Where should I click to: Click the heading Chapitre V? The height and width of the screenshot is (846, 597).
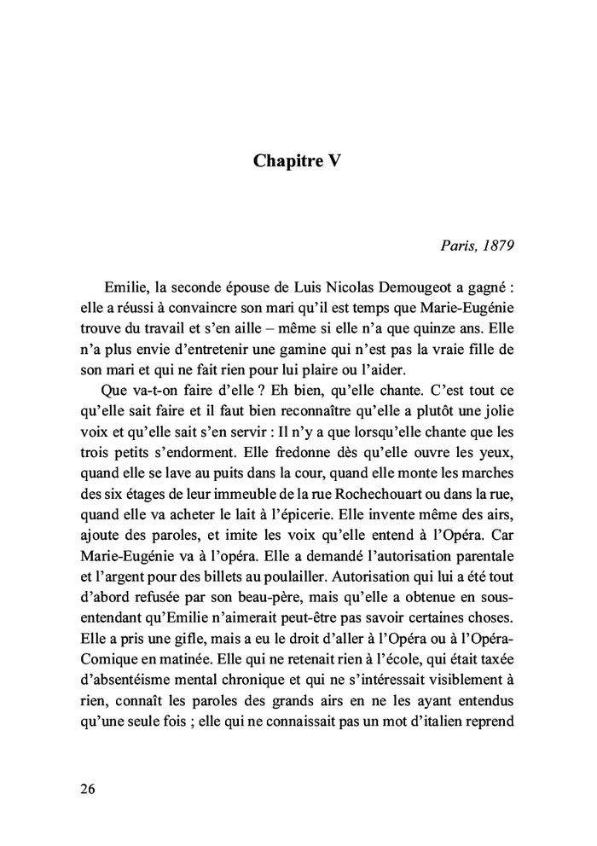pyautogui.click(x=298, y=161)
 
